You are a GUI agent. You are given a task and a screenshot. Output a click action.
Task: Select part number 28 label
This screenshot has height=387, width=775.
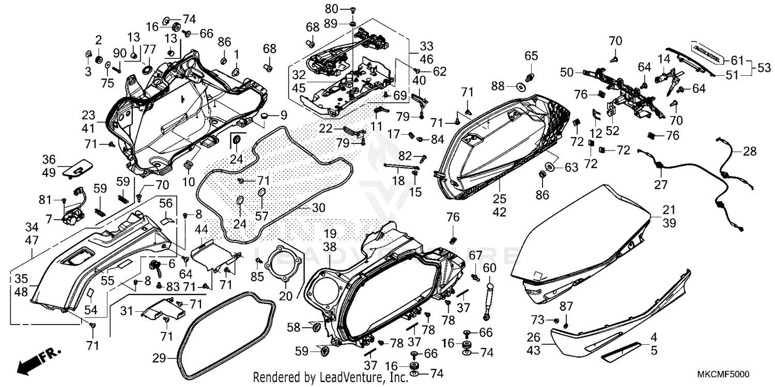coord(750,152)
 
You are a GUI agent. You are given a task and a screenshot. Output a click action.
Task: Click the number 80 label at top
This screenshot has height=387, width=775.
coord(331,9)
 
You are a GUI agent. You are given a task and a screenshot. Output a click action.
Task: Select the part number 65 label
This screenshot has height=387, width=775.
coord(532,55)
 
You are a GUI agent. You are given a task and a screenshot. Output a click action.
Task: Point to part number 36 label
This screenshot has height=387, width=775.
coord(49,159)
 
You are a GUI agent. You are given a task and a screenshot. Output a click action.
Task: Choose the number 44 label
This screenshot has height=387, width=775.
coord(202,229)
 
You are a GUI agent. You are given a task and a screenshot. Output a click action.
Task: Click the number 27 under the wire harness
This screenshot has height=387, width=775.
coord(662,185)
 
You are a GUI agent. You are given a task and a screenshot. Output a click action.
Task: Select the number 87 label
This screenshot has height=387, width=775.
coord(567,307)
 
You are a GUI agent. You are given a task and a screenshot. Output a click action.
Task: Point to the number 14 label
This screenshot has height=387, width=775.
coord(663,59)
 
